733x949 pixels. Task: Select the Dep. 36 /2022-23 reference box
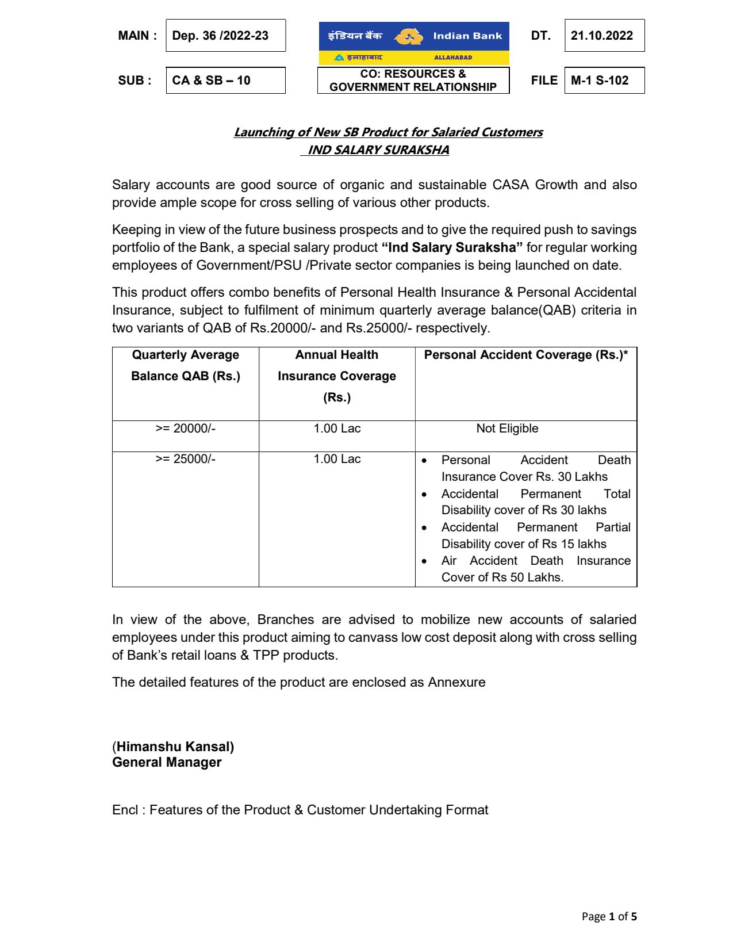point(221,36)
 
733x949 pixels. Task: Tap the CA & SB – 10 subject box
point(212,81)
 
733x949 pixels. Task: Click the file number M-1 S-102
point(600,81)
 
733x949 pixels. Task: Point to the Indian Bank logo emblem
point(407,36)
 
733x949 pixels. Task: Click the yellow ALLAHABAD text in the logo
point(452,58)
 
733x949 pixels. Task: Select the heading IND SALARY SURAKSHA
point(378,150)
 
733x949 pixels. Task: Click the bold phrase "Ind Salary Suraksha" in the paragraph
point(452,248)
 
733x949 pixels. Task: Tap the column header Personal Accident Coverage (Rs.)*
point(525,355)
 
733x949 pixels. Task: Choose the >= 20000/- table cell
point(185,428)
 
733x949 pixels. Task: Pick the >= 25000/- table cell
point(185,459)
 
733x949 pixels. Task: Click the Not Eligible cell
point(507,428)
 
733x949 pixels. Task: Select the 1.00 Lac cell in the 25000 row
point(337,459)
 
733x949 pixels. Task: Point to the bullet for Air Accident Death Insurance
point(424,561)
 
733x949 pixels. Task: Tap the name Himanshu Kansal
point(175,747)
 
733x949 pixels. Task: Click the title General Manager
point(167,763)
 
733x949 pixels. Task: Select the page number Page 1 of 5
point(609,917)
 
